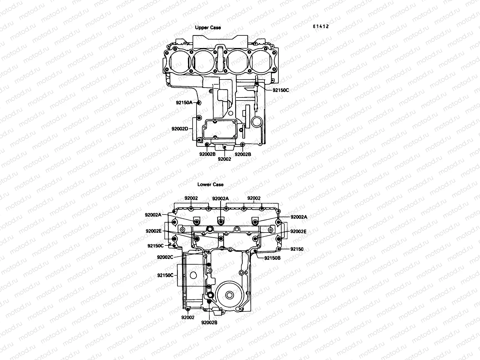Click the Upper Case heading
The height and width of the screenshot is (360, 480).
pos(208,28)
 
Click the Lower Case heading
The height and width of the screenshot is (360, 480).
pos(210,184)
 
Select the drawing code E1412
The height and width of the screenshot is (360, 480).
pos(321,26)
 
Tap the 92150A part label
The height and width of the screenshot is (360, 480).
pos(184,103)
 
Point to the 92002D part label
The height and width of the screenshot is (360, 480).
pos(180,129)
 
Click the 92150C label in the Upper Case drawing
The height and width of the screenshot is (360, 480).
pos(280,90)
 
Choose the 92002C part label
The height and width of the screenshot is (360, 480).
pos(165,257)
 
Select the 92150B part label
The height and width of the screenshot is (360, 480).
pos(272,258)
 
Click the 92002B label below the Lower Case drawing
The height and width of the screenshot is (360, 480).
pos(209,322)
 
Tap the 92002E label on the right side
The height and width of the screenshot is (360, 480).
pos(298,231)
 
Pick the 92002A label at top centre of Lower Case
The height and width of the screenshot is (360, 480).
pos(220,198)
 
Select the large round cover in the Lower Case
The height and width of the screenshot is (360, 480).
pos(230,295)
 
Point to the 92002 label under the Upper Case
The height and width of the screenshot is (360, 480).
pos(224,159)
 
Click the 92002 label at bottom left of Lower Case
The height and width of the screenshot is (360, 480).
pos(187,317)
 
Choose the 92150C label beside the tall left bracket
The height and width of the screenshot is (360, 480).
pos(165,275)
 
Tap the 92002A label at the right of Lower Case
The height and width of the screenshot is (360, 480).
pos(299,217)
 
